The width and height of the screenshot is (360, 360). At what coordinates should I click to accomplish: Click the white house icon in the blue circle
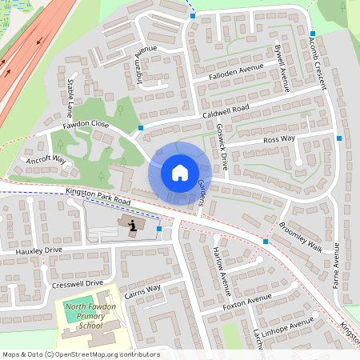tap(180, 172)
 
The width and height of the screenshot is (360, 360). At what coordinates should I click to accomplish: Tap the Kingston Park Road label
tap(88, 194)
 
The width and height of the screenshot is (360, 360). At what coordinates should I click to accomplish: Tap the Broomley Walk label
tap(302, 237)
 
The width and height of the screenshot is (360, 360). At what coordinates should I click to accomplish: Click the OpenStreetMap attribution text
tap(80, 354)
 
